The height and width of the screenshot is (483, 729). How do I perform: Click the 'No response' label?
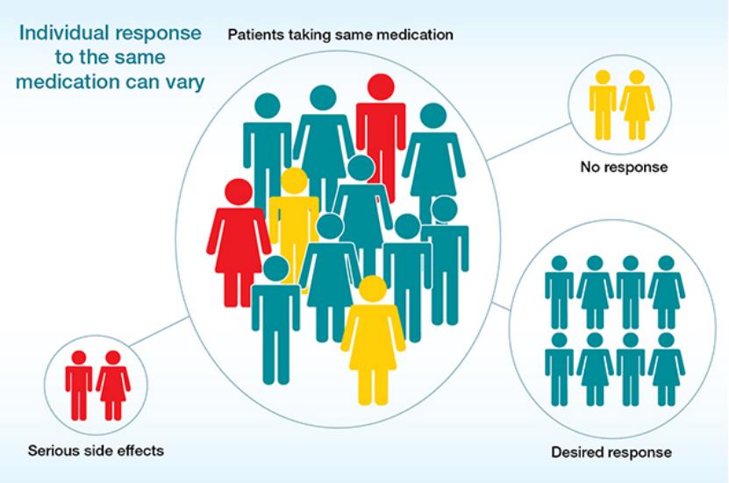[624, 167]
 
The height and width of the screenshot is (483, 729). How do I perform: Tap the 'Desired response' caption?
[611, 452]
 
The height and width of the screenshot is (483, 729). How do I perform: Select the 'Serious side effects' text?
[96, 450]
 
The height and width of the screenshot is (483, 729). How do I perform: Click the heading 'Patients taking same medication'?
[340, 35]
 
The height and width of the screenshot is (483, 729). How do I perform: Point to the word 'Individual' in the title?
[64, 33]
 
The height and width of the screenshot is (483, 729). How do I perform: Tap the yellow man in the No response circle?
[603, 105]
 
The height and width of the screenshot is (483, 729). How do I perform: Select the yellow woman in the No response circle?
[637, 105]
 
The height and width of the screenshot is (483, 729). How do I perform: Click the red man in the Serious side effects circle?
[79, 386]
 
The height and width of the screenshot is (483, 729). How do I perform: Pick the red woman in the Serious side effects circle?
[113, 386]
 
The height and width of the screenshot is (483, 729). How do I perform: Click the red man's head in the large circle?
[381, 87]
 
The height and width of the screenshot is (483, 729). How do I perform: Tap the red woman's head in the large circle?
[239, 192]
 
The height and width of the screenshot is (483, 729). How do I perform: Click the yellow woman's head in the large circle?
[374, 289]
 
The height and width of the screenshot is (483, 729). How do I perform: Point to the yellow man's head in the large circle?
[294, 181]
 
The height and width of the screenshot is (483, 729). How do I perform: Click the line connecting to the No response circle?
[529, 142]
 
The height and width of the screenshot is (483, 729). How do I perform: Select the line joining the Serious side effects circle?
[159, 331]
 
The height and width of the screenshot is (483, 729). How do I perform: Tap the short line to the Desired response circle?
[501, 306]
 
